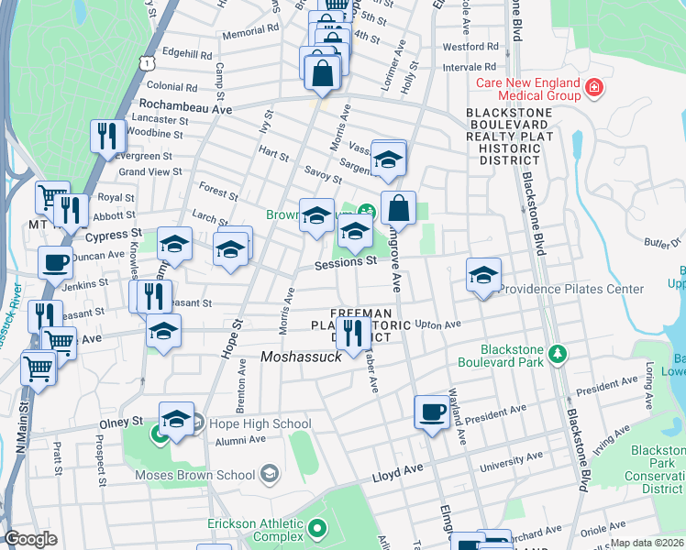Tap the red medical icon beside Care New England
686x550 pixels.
[x=595, y=87]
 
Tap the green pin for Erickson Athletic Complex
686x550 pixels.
[x=316, y=528]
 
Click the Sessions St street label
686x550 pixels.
[x=346, y=261]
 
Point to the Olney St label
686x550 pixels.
[x=121, y=422]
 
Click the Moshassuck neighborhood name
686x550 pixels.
[x=301, y=357]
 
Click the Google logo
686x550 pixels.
[x=30, y=539]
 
